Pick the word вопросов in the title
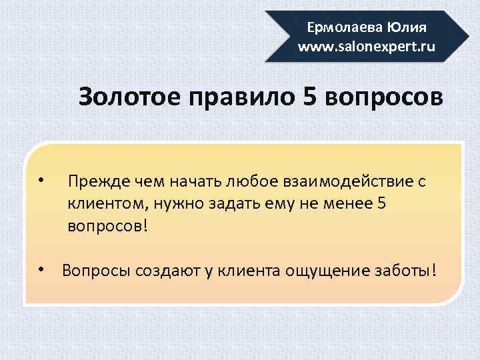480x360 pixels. (x=383, y=97)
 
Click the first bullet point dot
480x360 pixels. (x=41, y=181)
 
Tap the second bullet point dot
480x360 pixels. (x=41, y=269)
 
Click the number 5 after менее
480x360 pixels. (x=381, y=203)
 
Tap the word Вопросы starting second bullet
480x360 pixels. (x=96, y=271)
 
